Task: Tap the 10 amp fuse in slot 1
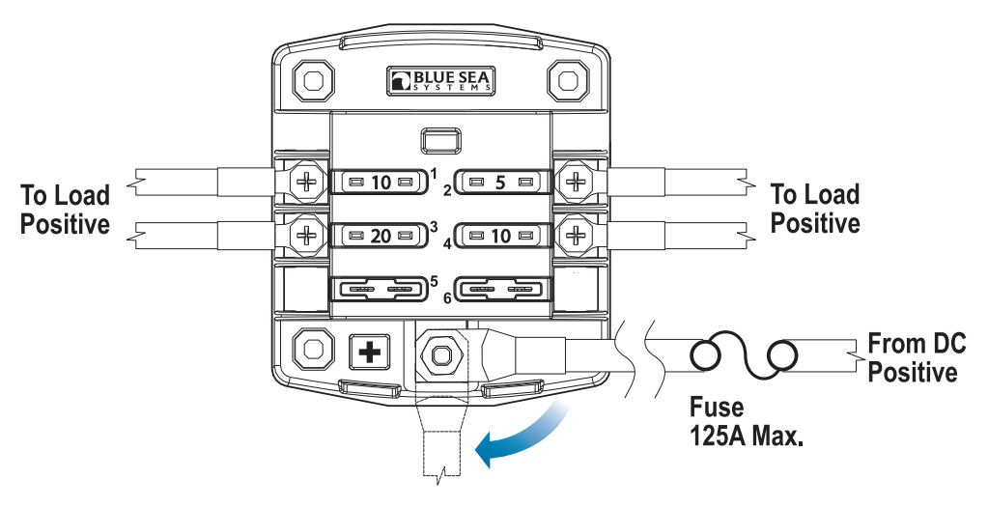point(378,181)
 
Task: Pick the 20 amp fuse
point(378,235)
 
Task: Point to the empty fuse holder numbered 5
point(378,289)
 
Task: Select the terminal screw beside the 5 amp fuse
point(577,181)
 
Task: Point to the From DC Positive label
point(916,357)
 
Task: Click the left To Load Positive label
point(66,209)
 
